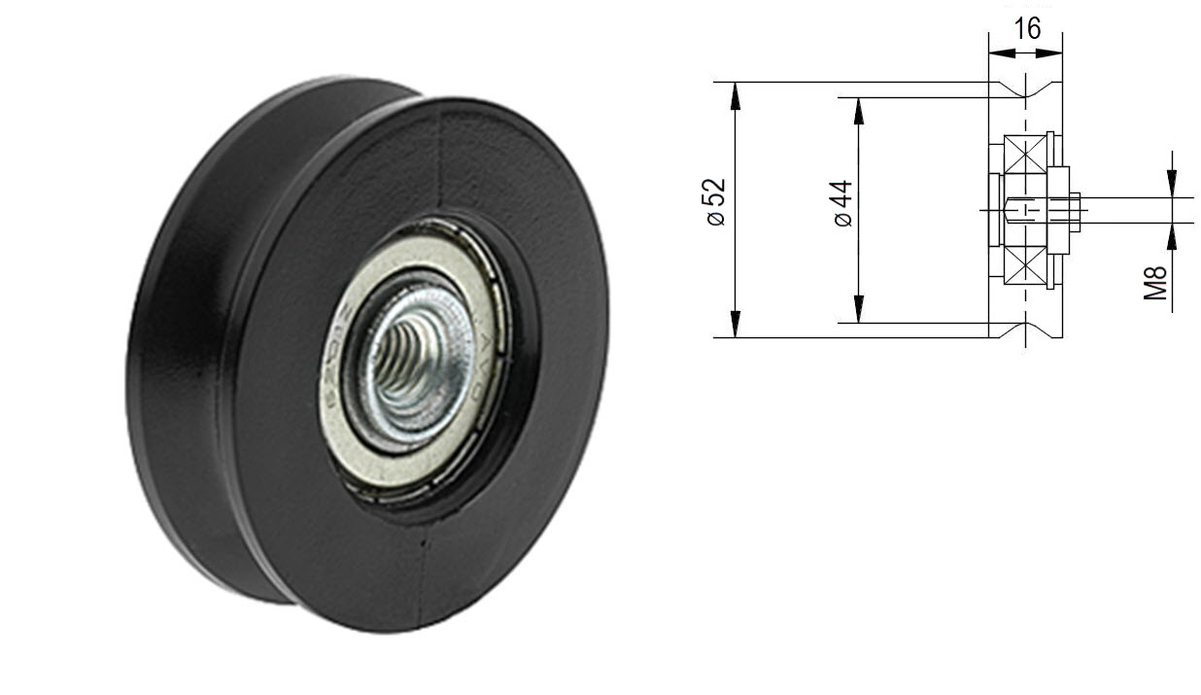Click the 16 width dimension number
point(1026,30)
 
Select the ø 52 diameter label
point(716,202)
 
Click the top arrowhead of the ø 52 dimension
point(736,93)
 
